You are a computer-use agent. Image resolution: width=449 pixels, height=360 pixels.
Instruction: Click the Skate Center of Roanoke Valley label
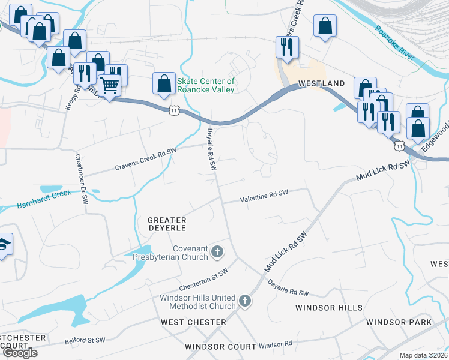(x=205, y=85)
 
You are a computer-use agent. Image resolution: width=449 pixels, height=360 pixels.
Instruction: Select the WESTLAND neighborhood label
(x=322, y=83)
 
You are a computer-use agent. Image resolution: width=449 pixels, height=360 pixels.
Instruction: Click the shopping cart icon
(x=109, y=86)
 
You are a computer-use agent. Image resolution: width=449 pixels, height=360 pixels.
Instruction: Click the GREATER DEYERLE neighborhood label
(x=167, y=224)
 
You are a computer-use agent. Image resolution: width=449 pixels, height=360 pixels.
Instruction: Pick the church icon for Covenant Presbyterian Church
(x=217, y=253)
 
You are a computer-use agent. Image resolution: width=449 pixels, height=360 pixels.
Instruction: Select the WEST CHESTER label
(x=194, y=322)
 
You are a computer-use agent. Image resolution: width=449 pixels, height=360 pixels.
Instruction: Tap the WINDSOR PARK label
(x=399, y=322)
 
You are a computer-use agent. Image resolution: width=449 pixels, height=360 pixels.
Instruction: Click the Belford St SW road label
(x=85, y=341)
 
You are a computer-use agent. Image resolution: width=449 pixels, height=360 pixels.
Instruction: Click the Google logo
(x=19, y=353)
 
